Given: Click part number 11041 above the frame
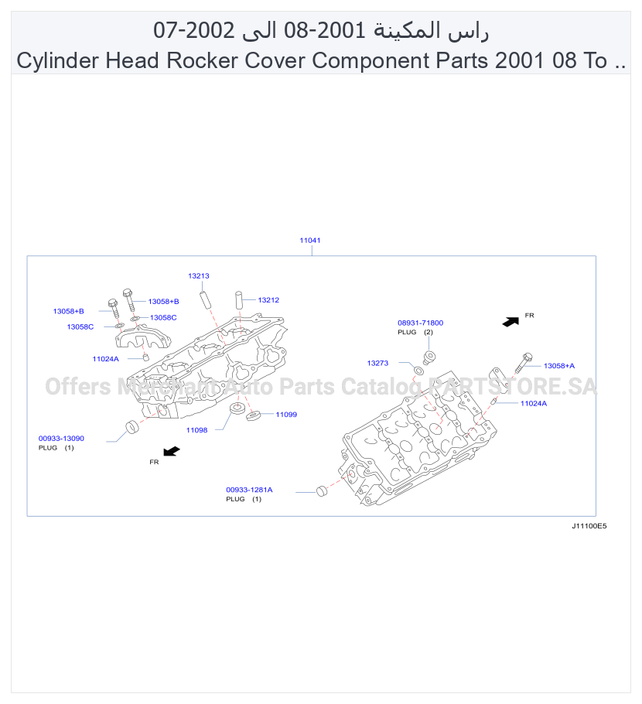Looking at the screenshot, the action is (x=309, y=240).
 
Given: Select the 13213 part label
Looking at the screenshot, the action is (x=199, y=275).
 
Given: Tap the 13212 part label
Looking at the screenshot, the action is (x=268, y=300).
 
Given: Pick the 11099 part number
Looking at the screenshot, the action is (x=286, y=415).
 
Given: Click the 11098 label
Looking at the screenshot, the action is (x=196, y=430).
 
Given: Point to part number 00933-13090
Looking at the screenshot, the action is (x=61, y=438).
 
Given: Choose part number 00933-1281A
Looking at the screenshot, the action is (x=249, y=490).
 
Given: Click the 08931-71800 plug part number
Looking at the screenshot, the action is (x=420, y=323).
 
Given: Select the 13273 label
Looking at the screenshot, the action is (x=377, y=363).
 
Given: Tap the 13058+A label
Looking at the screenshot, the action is (x=559, y=365).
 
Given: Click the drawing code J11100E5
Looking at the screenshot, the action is (x=589, y=526).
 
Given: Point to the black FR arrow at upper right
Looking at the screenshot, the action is (x=511, y=322).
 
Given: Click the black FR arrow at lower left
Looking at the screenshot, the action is (x=172, y=451).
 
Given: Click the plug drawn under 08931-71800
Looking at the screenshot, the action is (x=429, y=358).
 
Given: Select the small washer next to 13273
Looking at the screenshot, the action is (x=418, y=371).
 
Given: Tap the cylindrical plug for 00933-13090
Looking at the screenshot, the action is (x=132, y=426).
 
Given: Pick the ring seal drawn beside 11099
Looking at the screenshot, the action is (x=254, y=415).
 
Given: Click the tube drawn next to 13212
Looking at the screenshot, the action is (x=239, y=300).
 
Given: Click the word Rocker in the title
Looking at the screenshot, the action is (x=202, y=60).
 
